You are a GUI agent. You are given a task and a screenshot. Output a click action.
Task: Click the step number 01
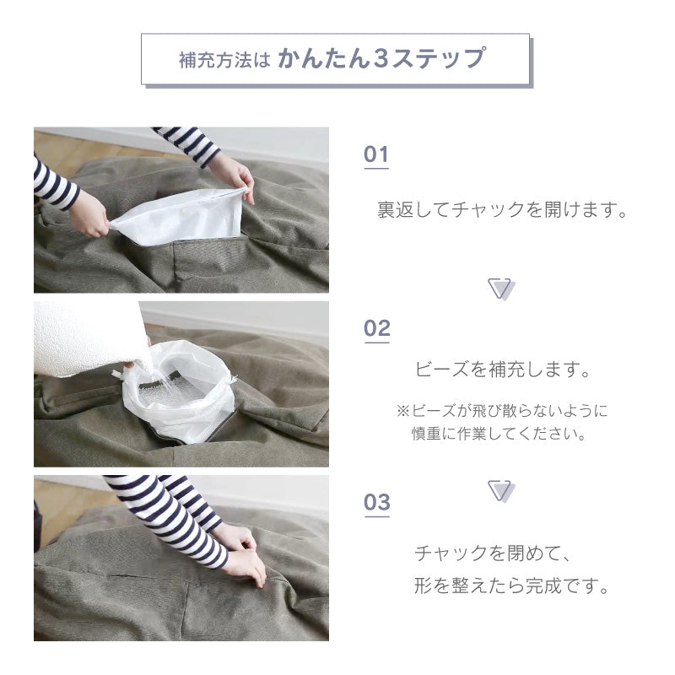click(376, 154)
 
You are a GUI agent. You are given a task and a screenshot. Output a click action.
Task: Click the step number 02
click(377, 328)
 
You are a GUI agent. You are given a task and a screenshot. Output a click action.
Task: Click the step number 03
click(377, 502)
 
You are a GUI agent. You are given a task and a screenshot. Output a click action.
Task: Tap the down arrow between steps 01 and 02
click(501, 289)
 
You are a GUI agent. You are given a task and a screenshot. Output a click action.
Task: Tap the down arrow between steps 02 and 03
click(501, 491)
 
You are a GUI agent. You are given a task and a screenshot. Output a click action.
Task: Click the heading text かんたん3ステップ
click(382, 58)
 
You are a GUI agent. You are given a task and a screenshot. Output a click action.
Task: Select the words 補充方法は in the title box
click(224, 60)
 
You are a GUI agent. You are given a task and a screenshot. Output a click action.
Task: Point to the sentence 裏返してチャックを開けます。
click(502, 209)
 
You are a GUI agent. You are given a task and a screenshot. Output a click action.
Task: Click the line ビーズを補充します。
click(502, 370)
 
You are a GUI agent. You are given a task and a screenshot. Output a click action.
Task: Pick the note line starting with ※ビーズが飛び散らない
click(502, 410)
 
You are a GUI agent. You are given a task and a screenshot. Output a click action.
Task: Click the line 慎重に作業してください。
click(499, 433)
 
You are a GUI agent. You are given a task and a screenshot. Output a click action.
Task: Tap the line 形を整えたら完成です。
click(512, 586)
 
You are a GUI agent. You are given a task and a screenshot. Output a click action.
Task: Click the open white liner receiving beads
click(179, 390)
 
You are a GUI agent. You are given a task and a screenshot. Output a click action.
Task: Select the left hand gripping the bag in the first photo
click(89, 214)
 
